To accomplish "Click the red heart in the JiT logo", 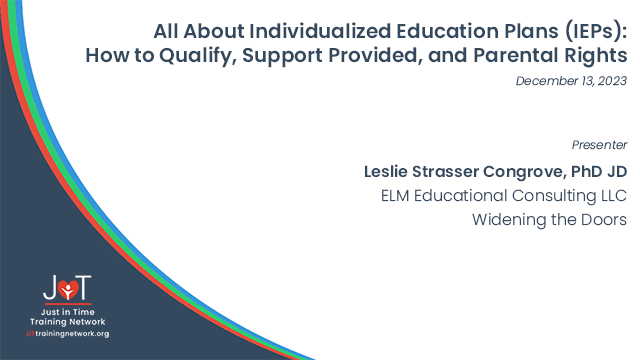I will click(68, 290).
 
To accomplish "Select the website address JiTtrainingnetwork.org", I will click(68, 333).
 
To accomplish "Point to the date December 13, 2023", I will click(571, 81).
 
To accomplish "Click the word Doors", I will click(604, 220).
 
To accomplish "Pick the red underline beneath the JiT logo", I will click(68, 307).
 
